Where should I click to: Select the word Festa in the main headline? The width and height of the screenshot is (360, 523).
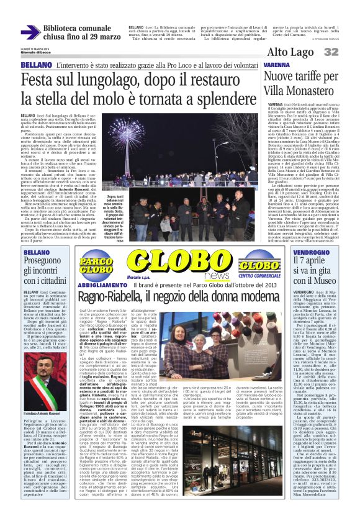pyautogui.click(x=38, y=81)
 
